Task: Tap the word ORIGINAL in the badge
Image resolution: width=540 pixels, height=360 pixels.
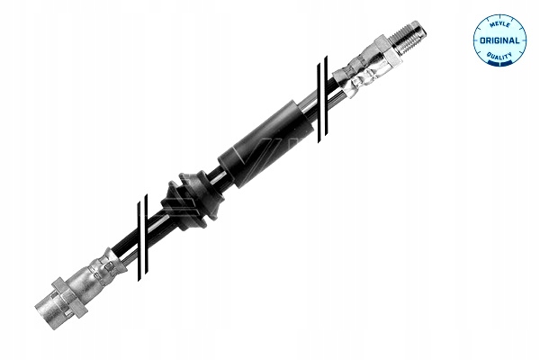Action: pyautogui.click(x=499, y=40)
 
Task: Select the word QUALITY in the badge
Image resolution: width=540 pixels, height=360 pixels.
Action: pyautogui.click(x=499, y=56)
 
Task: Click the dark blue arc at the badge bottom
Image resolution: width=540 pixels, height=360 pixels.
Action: pyautogui.click(x=499, y=62)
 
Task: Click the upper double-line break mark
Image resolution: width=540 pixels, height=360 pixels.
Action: pyautogui.click(x=322, y=99)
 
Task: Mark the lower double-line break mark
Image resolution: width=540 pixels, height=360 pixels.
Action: pyautogui.click(x=142, y=237)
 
